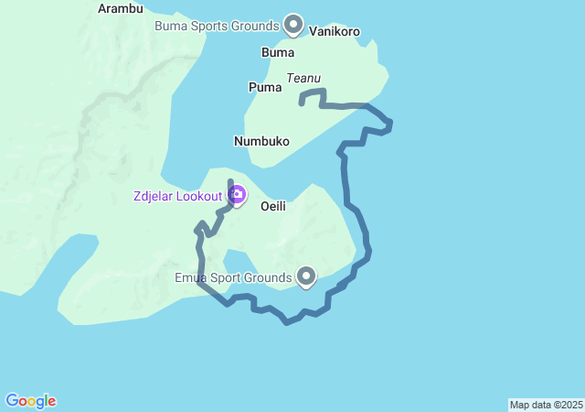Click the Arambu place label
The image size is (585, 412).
coord(121,9)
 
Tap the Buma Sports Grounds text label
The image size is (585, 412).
coord(216,26)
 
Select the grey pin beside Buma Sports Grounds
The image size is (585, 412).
coord(293,23)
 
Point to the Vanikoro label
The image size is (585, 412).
coord(335,31)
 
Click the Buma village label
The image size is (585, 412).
coord(278,52)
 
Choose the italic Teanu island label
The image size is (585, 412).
coord(303,79)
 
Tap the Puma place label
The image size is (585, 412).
coord(264,87)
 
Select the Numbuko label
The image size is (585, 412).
coord(261,141)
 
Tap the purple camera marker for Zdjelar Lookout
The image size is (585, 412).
coord(237,194)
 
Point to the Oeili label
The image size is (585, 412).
coord(273,206)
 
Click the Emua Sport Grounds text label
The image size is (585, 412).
coord(233,276)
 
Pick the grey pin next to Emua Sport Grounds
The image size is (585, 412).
coord(306,275)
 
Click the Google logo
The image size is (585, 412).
coord(31,401)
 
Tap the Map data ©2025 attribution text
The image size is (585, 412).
coord(546,405)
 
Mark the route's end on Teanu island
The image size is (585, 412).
coord(302,103)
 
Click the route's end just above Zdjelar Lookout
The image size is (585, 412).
coord(229,181)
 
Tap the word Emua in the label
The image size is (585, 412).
coord(192,276)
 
